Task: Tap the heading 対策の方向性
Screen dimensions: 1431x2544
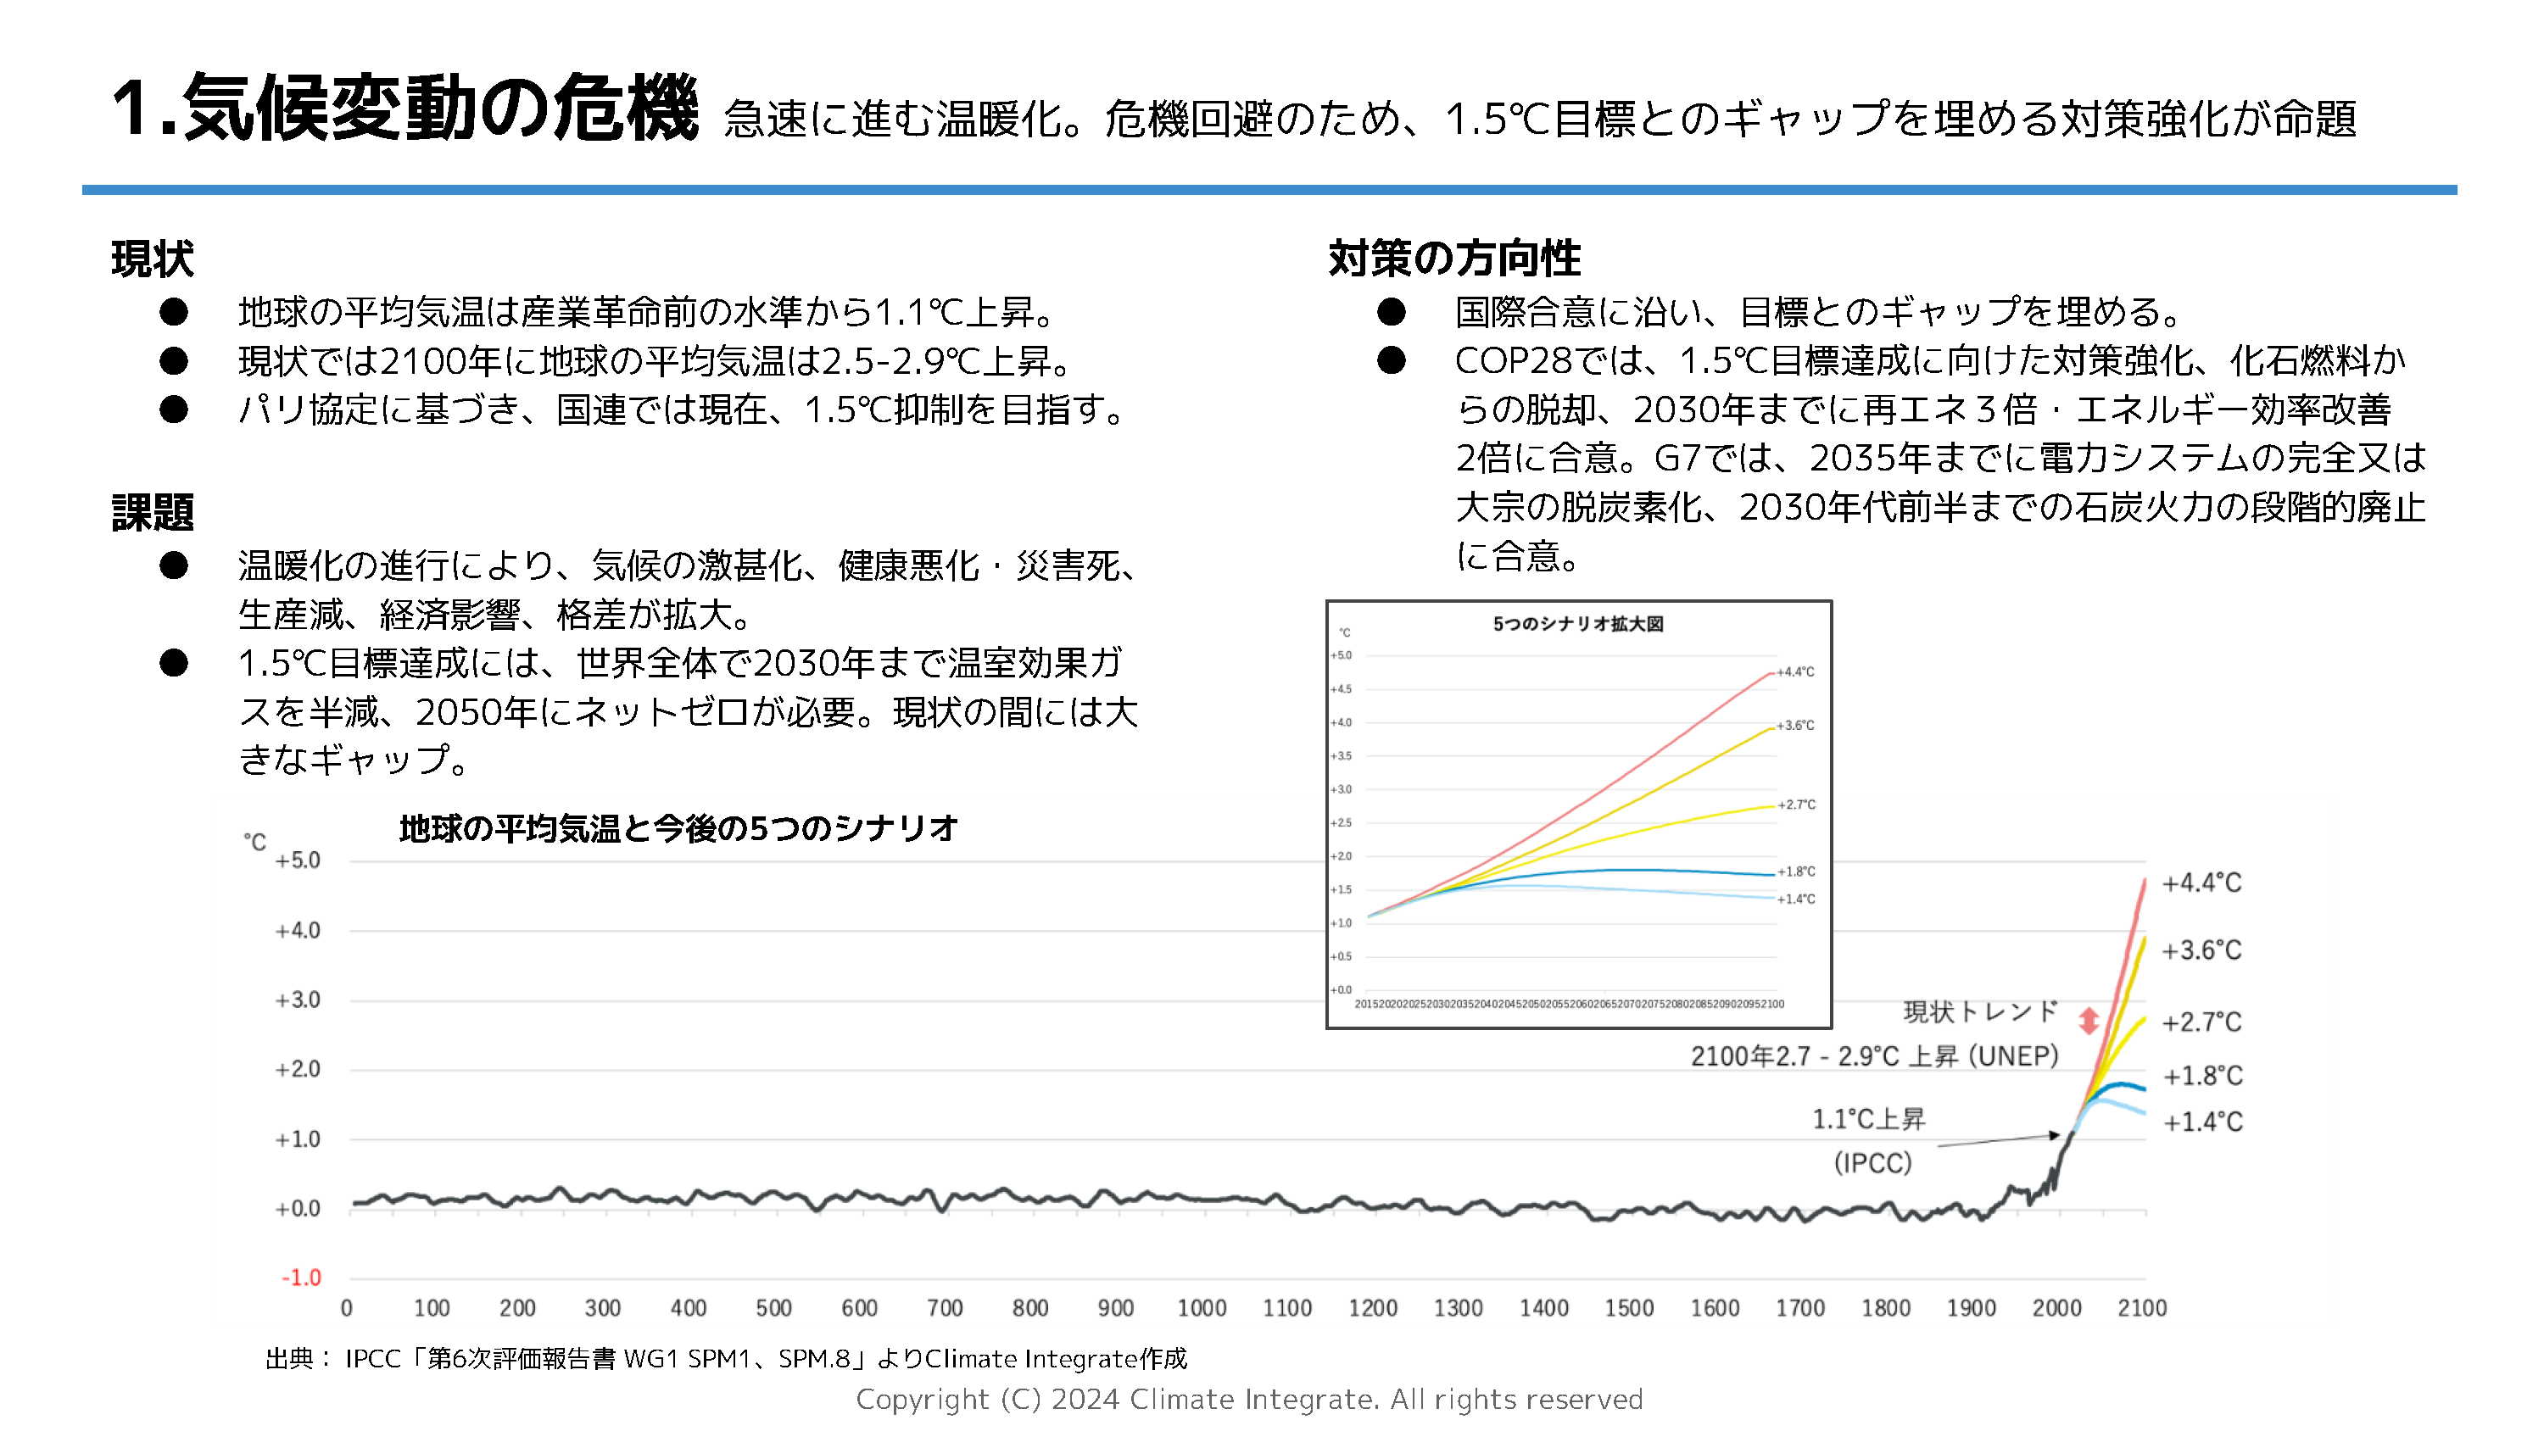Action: [x=1453, y=259]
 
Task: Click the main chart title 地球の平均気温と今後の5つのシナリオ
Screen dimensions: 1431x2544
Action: [x=678, y=827]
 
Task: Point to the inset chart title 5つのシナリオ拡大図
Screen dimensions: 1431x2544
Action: [x=1577, y=624]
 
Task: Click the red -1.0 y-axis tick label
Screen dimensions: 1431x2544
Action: [x=301, y=1278]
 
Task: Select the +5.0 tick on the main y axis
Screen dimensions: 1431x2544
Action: [x=298, y=860]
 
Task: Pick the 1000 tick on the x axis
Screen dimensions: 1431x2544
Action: [x=1201, y=1309]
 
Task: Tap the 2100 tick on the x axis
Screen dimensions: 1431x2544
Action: [x=2141, y=1309]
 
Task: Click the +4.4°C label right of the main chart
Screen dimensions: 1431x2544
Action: [x=2201, y=883]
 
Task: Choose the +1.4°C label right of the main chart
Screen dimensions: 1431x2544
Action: [x=2202, y=1122]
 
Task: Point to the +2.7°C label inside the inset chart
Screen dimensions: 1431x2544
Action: [x=1796, y=805]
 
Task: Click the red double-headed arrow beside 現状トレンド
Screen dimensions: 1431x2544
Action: [x=2088, y=1020]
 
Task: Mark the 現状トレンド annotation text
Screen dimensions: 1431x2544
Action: [x=1980, y=1012]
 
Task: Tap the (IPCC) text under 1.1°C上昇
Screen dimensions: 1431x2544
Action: [x=1872, y=1163]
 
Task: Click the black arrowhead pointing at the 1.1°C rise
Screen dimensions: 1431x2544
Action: [x=2056, y=1136]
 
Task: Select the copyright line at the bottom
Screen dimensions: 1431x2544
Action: [x=1249, y=1400]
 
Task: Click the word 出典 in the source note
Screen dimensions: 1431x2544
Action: [x=289, y=1359]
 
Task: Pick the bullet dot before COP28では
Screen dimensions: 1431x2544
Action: [x=1391, y=360]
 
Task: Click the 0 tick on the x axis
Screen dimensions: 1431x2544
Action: [x=347, y=1309]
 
